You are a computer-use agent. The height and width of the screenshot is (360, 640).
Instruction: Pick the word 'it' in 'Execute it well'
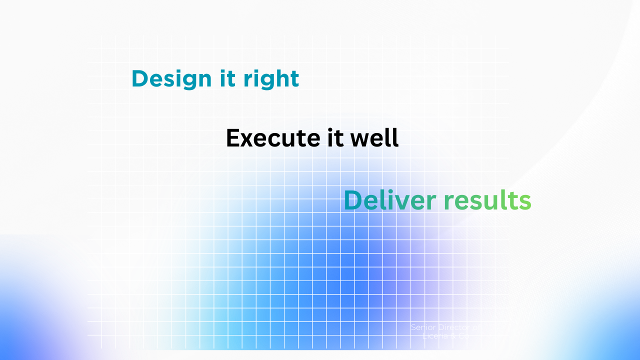pos(335,138)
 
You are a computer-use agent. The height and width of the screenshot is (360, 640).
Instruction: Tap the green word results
pos(487,200)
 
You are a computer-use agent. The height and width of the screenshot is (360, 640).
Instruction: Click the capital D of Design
pos(139,79)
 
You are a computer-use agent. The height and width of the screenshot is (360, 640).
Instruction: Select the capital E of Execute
pos(232,138)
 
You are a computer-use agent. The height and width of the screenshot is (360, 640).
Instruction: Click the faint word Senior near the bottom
pos(423,327)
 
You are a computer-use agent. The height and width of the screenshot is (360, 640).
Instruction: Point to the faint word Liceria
pos(435,336)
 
